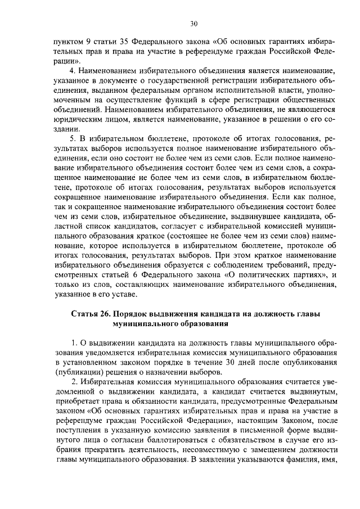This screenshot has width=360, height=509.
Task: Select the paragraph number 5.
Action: tap(72, 138)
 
